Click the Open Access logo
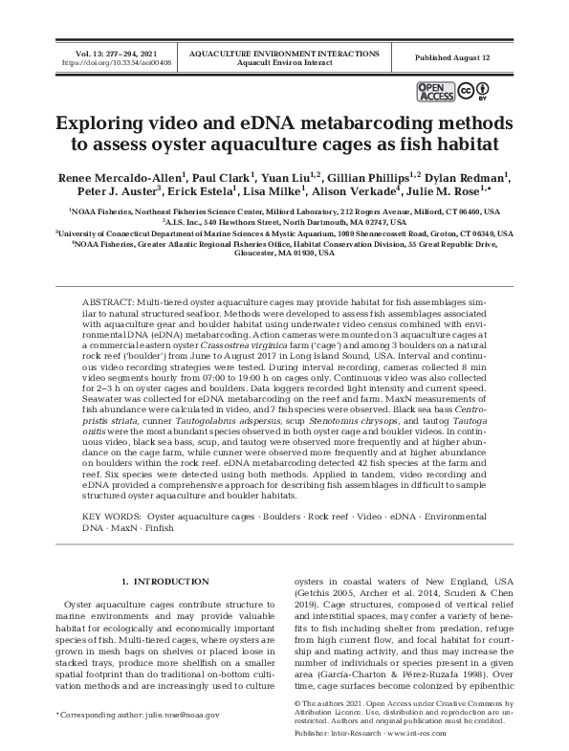(x=434, y=91)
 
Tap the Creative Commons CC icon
(x=464, y=91)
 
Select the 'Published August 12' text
(x=452, y=57)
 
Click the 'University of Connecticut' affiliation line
(x=284, y=232)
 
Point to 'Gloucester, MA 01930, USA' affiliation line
(x=284, y=254)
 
